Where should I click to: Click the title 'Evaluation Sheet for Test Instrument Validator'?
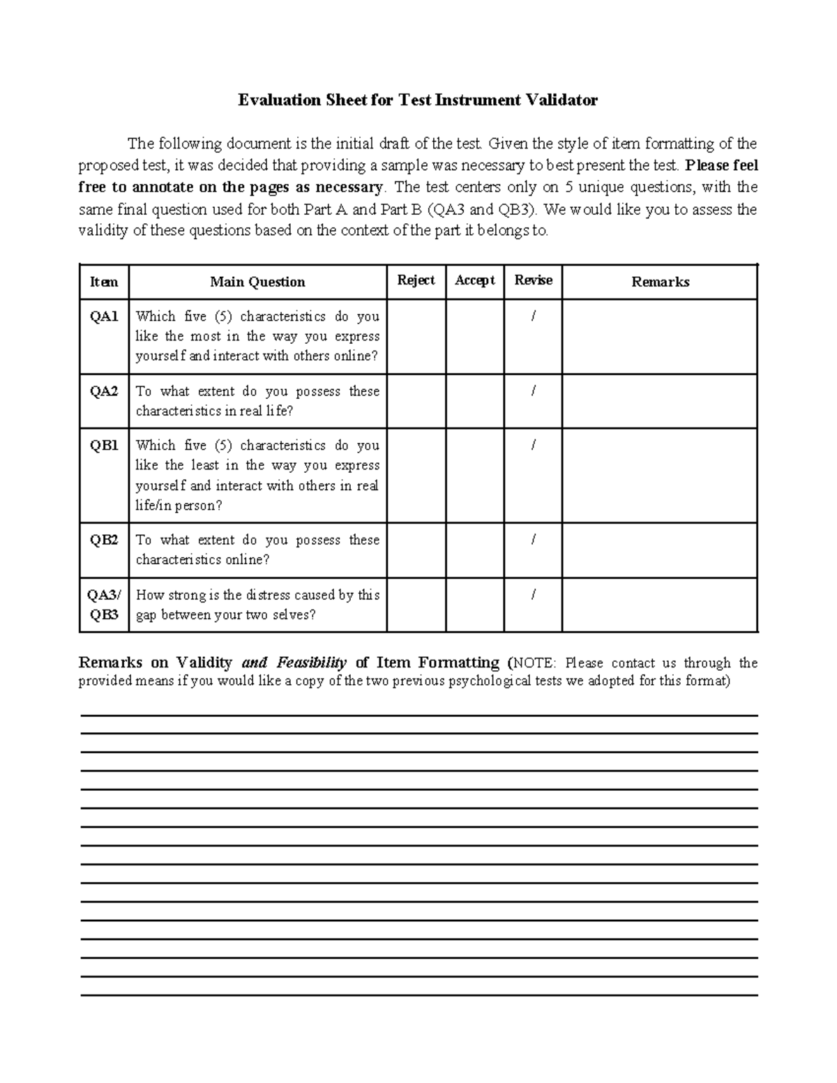pos(418,100)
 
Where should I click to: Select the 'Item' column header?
pos(104,282)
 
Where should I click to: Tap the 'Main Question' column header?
pos(257,282)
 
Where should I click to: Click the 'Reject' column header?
pos(416,280)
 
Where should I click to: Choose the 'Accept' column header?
pos(474,280)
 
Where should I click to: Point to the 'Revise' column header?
pos(533,280)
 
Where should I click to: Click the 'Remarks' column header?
pos(660,282)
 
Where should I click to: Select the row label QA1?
pos(104,317)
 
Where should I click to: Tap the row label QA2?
pos(104,391)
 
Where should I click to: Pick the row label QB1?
pos(104,446)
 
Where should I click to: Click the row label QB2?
pos(104,540)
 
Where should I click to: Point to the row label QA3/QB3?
pos(104,605)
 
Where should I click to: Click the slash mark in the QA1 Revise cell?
pos(533,317)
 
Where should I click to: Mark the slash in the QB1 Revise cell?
pos(533,446)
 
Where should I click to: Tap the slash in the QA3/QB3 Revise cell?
pos(533,595)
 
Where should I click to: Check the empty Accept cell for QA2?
pos(474,401)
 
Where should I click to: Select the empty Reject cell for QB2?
pos(416,550)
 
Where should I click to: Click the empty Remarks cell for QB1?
pos(660,476)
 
